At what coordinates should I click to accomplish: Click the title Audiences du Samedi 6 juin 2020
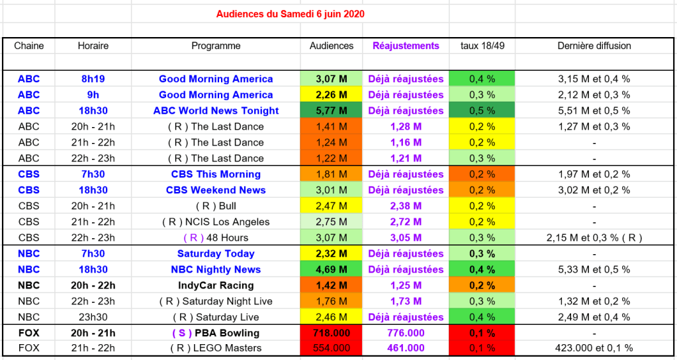pyautogui.click(x=291, y=14)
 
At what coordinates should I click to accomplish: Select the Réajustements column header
pyautogui.click(x=406, y=46)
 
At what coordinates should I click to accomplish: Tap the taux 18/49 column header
pyautogui.click(x=482, y=46)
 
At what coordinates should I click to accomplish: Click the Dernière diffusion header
pyautogui.click(x=594, y=46)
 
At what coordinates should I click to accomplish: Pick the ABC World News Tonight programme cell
pyautogui.click(x=216, y=111)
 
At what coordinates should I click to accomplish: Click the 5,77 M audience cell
pyautogui.click(x=332, y=111)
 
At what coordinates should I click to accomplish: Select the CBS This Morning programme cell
pyautogui.click(x=216, y=174)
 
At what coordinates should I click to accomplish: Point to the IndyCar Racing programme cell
pyautogui.click(x=216, y=285)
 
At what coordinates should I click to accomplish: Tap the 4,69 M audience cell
pyautogui.click(x=332, y=269)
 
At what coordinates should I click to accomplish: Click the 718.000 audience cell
pyautogui.click(x=332, y=333)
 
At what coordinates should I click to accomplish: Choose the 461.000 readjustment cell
pyautogui.click(x=406, y=348)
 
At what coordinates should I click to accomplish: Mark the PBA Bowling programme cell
pyautogui.click(x=216, y=333)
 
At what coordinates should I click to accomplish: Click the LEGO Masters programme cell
pyautogui.click(x=216, y=348)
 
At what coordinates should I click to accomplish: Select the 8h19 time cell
pyautogui.click(x=93, y=79)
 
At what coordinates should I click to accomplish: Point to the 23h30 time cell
pyautogui.click(x=93, y=317)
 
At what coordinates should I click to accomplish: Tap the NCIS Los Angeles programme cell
pyautogui.click(x=216, y=222)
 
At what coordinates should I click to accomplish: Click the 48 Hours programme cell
pyautogui.click(x=216, y=238)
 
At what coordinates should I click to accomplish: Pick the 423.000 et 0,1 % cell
pyautogui.click(x=594, y=348)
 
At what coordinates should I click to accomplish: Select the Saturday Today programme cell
pyautogui.click(x=216, y=253)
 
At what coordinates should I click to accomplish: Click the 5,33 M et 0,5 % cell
pyautogui.click(x=594, y=269)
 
